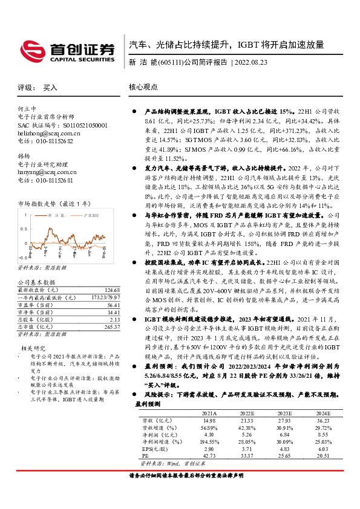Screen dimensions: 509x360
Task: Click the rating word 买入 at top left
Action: [x=50, y=87]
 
